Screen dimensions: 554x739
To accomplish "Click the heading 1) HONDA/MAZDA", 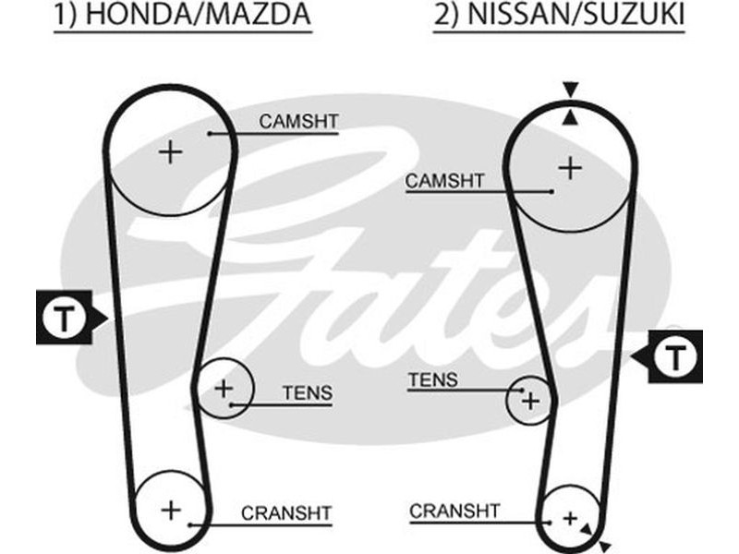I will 182,16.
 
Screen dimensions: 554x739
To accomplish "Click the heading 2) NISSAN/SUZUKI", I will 558,16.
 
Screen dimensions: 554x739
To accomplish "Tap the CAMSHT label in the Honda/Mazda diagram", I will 298,121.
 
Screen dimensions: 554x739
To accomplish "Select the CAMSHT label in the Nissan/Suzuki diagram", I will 444,181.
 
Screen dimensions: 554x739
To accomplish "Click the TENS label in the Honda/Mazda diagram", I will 308,393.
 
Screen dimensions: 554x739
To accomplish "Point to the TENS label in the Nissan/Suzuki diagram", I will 432,379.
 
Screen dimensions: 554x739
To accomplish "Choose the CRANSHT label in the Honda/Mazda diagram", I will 285,513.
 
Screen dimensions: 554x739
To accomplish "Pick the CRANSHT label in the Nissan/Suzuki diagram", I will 454,511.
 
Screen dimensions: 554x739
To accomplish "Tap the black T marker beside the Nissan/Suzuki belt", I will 677,355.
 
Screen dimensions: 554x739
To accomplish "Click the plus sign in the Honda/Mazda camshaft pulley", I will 170,151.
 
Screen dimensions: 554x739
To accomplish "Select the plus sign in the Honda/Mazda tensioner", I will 224,388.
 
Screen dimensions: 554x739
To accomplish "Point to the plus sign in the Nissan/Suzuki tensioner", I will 530,401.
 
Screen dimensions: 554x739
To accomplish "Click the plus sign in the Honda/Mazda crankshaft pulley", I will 170,509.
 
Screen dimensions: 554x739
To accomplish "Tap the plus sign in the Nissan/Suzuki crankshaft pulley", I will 570,517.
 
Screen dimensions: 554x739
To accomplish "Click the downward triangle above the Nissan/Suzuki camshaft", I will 571,90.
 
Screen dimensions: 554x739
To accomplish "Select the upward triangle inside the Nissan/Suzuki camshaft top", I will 571,116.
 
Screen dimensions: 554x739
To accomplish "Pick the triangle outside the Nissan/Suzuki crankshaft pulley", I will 605,543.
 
